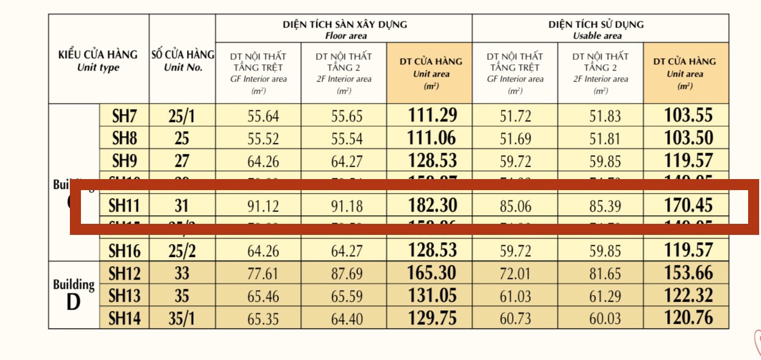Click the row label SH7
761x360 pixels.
[x=124, y=116]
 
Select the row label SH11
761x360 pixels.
[x=124, y=205]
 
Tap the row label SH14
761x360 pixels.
[x=124, y=318]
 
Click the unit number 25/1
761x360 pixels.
[x=182, y=116]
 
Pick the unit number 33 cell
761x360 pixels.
[x=182, y=273]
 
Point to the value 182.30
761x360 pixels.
[x=432, y=205]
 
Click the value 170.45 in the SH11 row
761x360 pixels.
[x=689, y=205]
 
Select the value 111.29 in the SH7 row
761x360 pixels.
[x=432, y=115]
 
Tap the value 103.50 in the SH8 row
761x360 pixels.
[x=689, y=139]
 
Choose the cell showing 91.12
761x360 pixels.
[x=263, y=206]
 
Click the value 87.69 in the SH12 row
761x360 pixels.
[x=347, y=274]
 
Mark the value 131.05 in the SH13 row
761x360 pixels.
[x=432, y=296]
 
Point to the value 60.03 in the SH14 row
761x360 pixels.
[x=605, y=319]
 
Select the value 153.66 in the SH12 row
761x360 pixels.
[x=689, y=273]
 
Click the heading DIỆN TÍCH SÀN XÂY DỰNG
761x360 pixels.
[x=345, y=25]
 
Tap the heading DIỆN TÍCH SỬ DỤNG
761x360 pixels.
[x=596, y=25]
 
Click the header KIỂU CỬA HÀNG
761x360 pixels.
[x=98, y=55]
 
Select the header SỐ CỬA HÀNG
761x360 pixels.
[x=183, y=55]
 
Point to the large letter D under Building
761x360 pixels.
[x=74, y=302]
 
